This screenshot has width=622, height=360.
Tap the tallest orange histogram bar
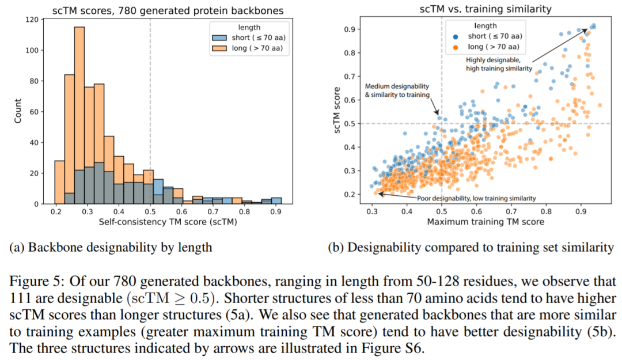coord(79,115)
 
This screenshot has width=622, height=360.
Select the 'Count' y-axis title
coord(18,112)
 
